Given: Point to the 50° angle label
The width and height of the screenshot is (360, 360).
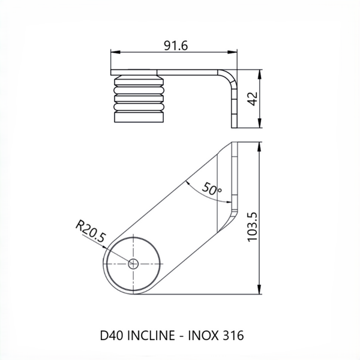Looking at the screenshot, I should pos(212,188).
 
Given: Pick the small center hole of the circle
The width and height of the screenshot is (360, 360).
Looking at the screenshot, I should pos(133,263).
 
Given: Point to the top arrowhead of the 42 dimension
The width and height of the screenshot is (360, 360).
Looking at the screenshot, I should pos(260,73).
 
